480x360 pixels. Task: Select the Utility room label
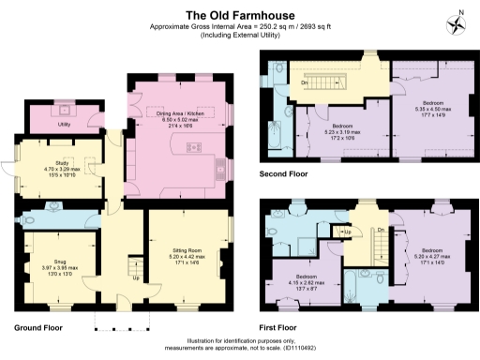click(x=65, y=124)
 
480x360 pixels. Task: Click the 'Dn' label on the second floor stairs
click(x=305, y=82)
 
